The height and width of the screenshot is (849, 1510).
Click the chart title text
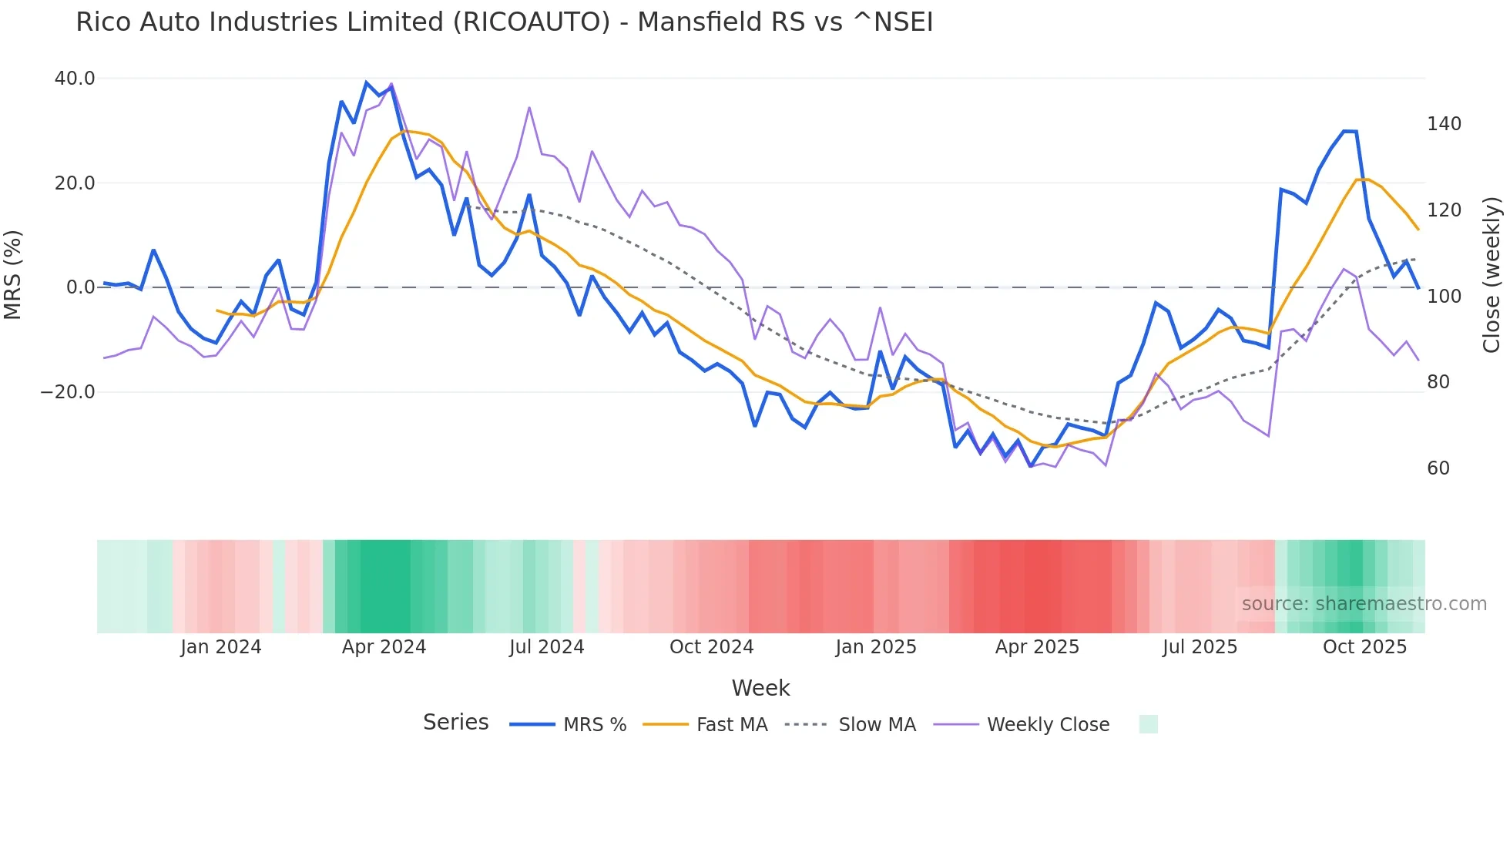(x=504, y=22)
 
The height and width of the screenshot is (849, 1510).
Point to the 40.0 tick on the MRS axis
(x=75, y=79)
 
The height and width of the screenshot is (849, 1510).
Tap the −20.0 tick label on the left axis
(x=69, y=392)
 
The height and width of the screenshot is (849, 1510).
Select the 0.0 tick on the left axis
(x=81, y=287)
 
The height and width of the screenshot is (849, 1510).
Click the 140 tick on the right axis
(x=1444, y=124)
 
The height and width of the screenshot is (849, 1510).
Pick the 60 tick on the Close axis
(x=1438, y=468)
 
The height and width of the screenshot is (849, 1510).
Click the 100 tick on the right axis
(x=1444, y=297)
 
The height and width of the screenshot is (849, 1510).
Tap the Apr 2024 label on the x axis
(x=384, y=647)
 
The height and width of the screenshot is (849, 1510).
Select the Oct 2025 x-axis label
(x=1364, y=647)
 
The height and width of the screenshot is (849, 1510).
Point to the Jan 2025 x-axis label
(x=876, y=647)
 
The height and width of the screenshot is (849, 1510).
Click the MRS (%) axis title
(x=13, y=274)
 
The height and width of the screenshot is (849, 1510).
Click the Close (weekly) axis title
(x=1492, y=274)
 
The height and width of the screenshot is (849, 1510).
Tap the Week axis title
(x=760, y=688)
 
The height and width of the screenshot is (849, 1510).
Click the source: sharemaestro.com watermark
(x=1364, y=604)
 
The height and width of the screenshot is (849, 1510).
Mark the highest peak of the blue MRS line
(x=367, y=82)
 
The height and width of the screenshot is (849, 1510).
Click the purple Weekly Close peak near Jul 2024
(x=529, y=108)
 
